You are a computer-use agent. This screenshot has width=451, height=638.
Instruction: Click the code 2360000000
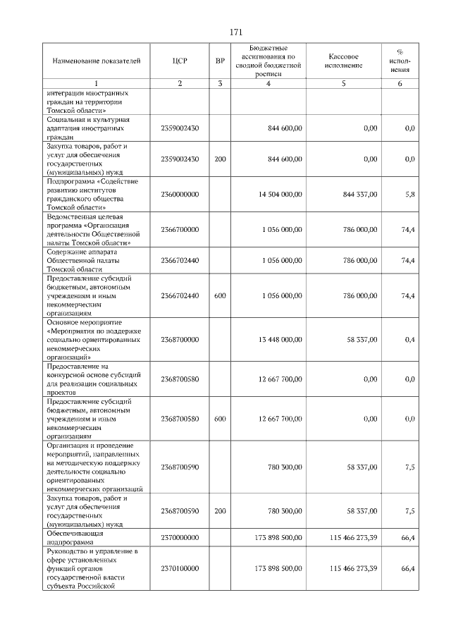180,194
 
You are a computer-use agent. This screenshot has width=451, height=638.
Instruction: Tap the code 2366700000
180,229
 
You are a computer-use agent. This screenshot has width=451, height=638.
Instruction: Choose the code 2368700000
180,339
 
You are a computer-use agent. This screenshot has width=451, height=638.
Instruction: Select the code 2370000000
180,537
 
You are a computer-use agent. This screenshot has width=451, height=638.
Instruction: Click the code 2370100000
180,568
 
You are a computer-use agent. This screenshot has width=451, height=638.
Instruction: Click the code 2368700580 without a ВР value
180,379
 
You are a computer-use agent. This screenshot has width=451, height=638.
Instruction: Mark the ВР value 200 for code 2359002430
220,159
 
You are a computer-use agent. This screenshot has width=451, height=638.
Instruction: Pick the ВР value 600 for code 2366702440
220,295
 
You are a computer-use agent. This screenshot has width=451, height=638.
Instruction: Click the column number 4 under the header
268,84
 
